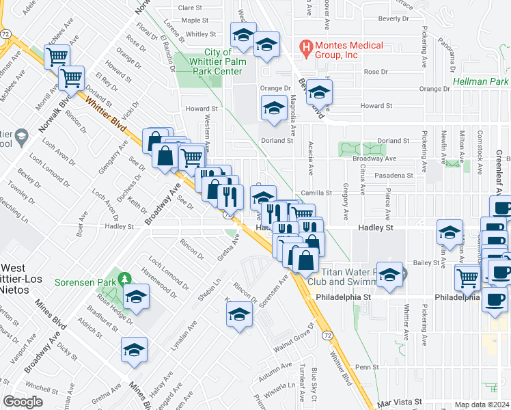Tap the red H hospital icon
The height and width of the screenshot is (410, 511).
coord(307,48)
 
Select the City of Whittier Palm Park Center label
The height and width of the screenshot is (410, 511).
coord(223,61)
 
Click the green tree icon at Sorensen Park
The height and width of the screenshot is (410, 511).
coord(124,279)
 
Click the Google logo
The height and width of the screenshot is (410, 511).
coord(23,401)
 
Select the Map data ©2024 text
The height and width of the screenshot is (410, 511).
coord(482,405)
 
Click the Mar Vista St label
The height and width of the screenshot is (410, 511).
coord(400,403)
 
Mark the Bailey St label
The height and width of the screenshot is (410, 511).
coord(425,262)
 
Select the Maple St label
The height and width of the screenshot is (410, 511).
coord(195,20)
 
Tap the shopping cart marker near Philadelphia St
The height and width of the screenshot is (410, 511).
coord(468,277)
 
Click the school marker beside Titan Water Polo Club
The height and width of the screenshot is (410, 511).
coord(390,275)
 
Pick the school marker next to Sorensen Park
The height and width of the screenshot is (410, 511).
coord(137,297)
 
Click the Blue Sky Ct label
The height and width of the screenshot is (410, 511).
coord(314,379)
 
